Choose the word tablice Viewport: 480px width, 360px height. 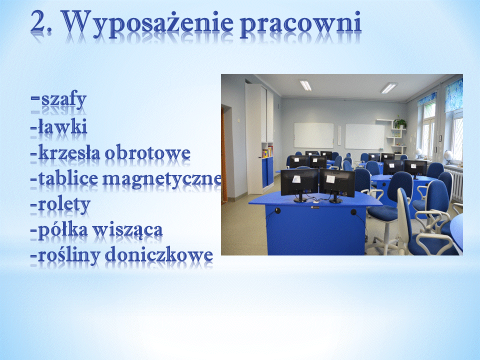[67, 178]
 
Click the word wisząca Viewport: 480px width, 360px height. [127, 230]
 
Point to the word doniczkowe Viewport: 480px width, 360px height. [159, 255]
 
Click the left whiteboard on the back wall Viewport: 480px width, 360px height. [314, 135]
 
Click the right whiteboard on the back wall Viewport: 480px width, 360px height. [365, 136]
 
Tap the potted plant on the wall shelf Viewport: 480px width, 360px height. [400, 123]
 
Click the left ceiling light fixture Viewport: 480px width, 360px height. [305, 85]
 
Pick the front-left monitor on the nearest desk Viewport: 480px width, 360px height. [299, 183]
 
